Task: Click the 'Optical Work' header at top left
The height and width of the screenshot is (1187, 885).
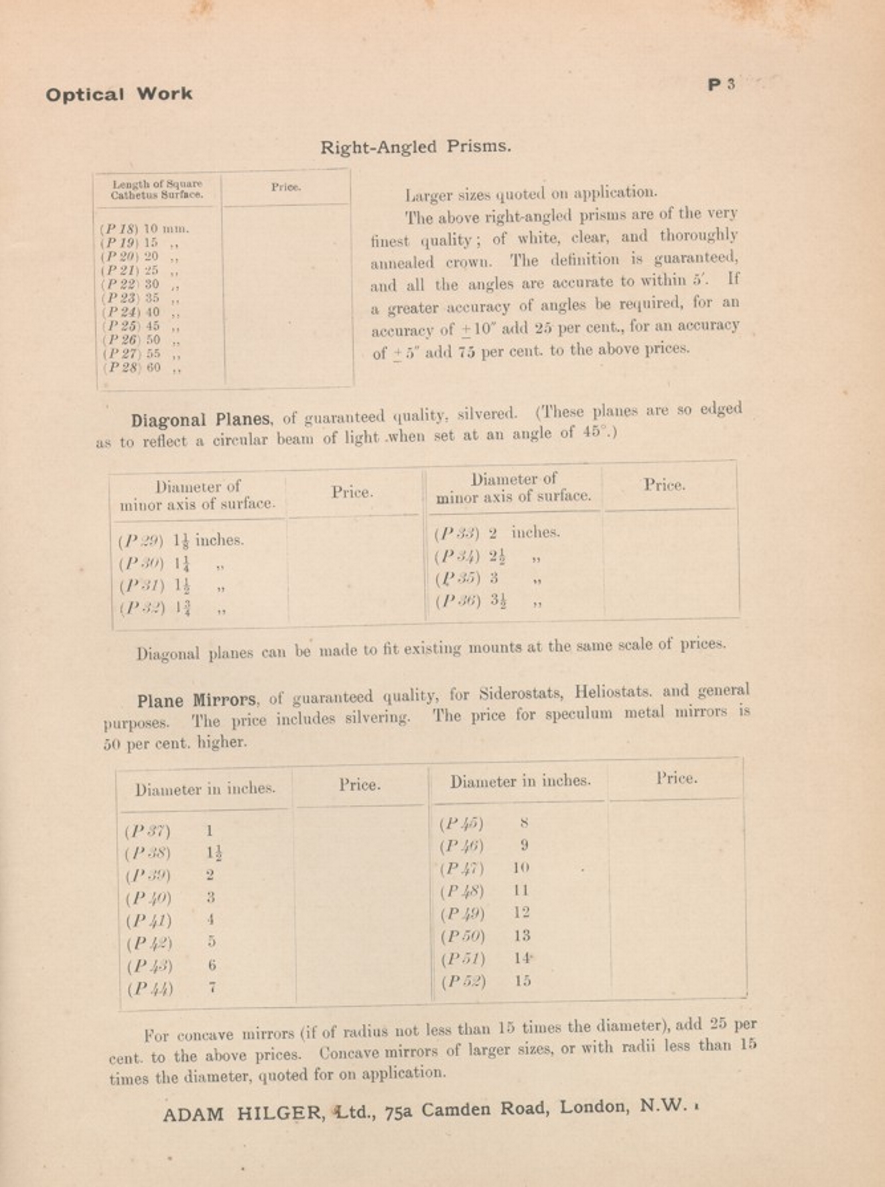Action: tap(119, 94)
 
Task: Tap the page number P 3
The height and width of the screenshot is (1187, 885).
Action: tap(722, 85)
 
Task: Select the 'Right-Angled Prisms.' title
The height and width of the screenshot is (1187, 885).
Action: tap(416, 147)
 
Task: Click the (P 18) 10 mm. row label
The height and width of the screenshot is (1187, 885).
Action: tap(145, 229)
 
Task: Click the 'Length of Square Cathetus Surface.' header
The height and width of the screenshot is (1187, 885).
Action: tap(157, 189)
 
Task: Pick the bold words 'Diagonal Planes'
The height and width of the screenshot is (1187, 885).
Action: tap(200, 420)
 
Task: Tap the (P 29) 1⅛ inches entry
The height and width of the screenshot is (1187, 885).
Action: tap(181, 540)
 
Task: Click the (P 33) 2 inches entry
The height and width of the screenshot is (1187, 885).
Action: tap(497, 532)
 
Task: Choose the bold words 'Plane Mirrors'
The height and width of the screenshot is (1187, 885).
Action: tap(197, 700)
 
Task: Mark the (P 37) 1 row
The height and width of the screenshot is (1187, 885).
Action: tap(169, 831)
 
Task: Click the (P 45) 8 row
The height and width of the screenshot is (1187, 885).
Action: tap(484, 824)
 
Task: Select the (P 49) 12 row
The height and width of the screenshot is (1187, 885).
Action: tap(485, 913)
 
